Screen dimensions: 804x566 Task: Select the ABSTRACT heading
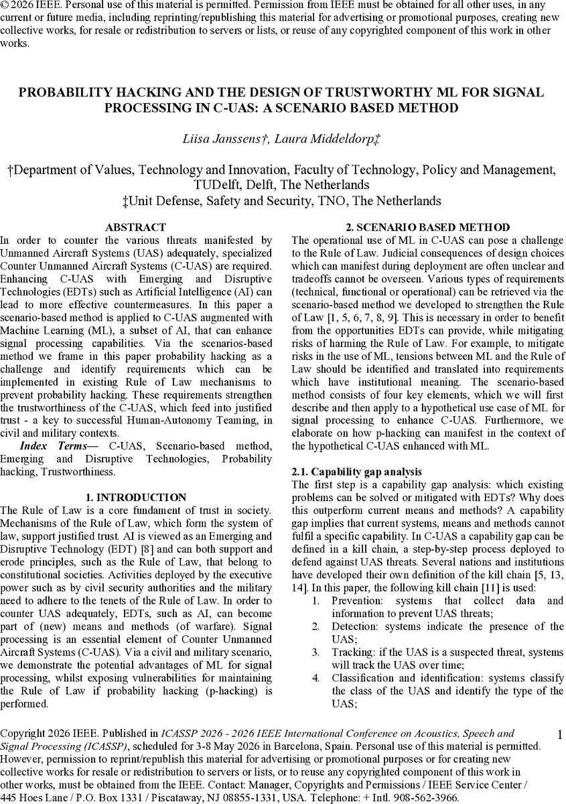point(136,228)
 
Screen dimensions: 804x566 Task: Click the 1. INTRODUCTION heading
point(136,497)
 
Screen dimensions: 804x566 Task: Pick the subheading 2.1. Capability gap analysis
point(357,472)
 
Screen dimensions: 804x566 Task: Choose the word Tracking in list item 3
point(353,652)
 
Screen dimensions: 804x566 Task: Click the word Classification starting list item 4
point(366,678)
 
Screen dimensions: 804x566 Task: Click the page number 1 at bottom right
point(560,735)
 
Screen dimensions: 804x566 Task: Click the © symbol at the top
point(5,5)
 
